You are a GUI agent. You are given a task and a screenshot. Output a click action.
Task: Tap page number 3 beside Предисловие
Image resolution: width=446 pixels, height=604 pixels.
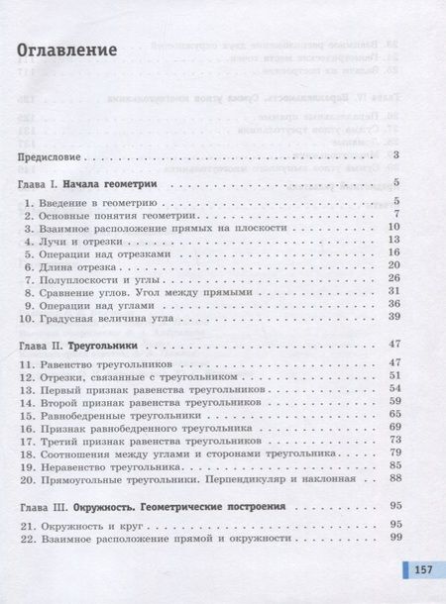pyautogui.click(x=395, y=155)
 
